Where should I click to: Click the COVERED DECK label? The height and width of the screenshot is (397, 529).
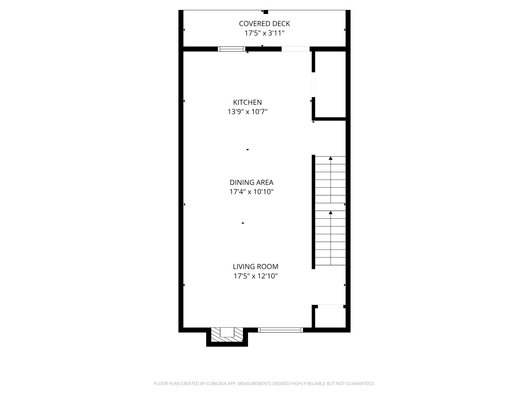(264, 24)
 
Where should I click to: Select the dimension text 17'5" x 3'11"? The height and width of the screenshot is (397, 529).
(264, 33)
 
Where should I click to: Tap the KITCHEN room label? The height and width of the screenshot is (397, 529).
(247, 102)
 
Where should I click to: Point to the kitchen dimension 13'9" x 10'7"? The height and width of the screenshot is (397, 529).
(247, 112)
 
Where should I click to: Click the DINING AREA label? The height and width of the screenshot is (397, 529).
(251, 182)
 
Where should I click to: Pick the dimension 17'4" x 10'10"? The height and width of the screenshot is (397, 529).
(251, 192)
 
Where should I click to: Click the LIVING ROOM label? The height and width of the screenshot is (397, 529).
(255, 267)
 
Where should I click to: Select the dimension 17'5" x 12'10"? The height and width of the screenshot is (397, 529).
(255, 276)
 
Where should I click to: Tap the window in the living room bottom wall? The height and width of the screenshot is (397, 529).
(280, 330)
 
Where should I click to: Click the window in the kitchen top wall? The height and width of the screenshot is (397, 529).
(231, 49)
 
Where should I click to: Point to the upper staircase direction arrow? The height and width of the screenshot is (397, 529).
(331, 158)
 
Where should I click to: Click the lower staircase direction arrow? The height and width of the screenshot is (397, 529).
(331, 213)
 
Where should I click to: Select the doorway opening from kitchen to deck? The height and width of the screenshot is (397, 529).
(295, 49)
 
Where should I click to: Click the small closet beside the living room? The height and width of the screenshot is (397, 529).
(330, 318)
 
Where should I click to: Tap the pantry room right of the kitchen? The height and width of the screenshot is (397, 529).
(330, 84)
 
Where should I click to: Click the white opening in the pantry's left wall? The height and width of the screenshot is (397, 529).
(313, 85)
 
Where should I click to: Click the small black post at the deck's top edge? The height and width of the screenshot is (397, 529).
(266, 12)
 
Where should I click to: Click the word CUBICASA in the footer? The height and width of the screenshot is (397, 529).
(217, 383)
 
